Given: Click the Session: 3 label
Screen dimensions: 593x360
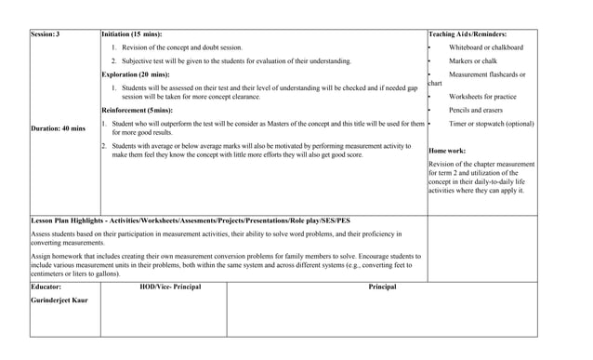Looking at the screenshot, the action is tap(45, 33).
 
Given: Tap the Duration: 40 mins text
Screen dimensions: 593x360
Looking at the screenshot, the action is tap(58, 128).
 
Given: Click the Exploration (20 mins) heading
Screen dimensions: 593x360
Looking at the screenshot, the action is tap(135, 73).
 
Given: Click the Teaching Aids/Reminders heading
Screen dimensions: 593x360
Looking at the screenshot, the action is tap(480, 33).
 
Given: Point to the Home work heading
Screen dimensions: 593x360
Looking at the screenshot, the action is tap(447, 150).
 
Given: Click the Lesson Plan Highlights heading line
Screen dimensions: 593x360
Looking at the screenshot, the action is tap(184, 220).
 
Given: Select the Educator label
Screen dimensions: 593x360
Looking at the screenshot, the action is tap(46, 287).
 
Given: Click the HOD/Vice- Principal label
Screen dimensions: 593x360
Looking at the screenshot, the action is tap(170, 287).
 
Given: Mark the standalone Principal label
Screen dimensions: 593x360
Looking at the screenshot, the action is tap(382, 287).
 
